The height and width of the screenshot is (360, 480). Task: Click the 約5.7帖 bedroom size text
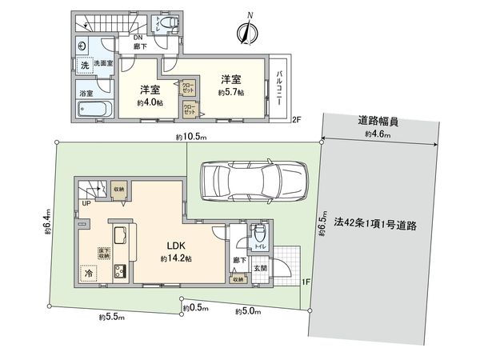[x=232, y=92]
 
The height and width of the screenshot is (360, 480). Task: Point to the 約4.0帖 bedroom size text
[x=150, y=102]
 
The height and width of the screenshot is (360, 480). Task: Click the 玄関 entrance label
[x=260, y=269]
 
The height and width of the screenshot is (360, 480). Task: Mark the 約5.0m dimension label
[x=248, y=310]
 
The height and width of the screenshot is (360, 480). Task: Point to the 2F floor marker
[x=296, y=120]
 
